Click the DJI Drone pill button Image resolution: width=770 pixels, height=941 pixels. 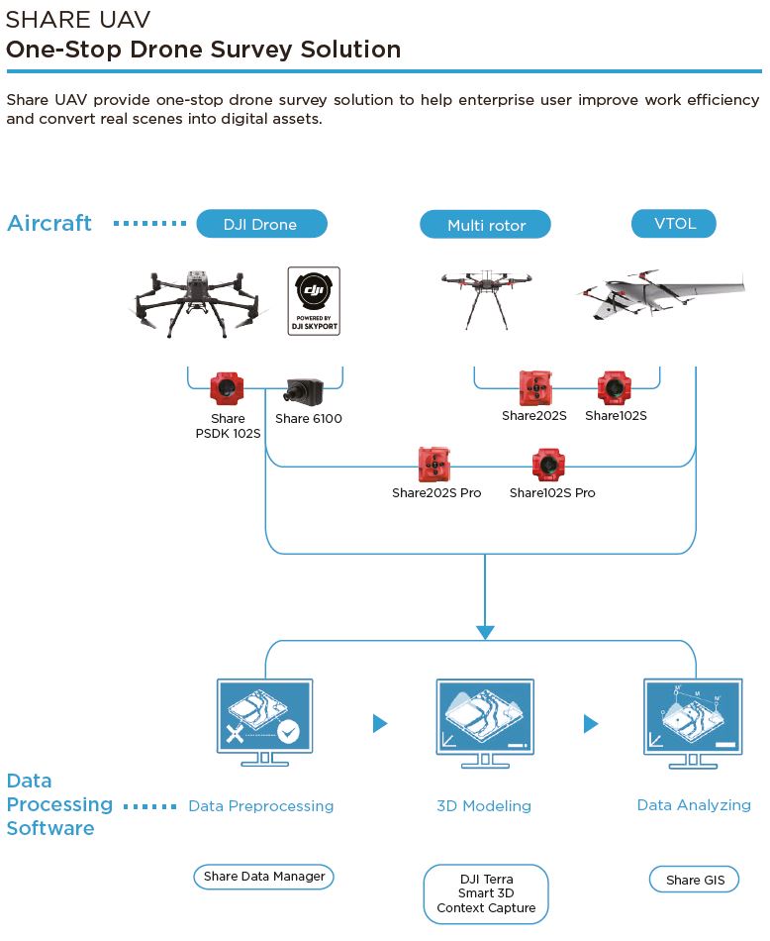click(261, 224)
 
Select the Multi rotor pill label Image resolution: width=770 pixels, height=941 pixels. click(485, 225)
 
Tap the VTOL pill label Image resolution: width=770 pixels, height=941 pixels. click(673, 223)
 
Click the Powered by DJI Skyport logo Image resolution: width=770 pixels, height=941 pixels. click(314, 301)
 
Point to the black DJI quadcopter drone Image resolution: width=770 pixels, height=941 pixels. click(198, 302)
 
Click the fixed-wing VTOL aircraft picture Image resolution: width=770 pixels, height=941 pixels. click(660, 294)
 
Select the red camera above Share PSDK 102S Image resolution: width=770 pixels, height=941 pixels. click(227, 389)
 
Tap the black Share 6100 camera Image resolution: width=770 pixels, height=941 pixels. click(304, 390)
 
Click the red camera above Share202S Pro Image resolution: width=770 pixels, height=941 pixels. click(434, 464)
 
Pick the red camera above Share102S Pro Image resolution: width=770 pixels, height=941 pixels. click(548, 465)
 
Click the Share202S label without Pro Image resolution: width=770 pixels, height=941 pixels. click(533, 415)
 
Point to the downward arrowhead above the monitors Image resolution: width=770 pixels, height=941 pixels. click(485, 633)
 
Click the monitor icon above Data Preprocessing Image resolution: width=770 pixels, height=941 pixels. click(264, 722)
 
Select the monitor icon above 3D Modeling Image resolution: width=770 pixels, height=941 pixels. click(485, 723)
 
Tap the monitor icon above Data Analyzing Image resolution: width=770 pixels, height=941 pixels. click(693, 723)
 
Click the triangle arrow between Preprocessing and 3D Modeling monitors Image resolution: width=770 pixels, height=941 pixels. click(380, 723)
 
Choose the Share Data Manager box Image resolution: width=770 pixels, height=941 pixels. click(264, 877)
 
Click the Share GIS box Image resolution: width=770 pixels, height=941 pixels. click(695, 880)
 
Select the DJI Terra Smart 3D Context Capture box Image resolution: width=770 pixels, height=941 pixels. click(486, 893)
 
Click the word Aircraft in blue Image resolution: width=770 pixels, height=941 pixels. click(49, 223)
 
